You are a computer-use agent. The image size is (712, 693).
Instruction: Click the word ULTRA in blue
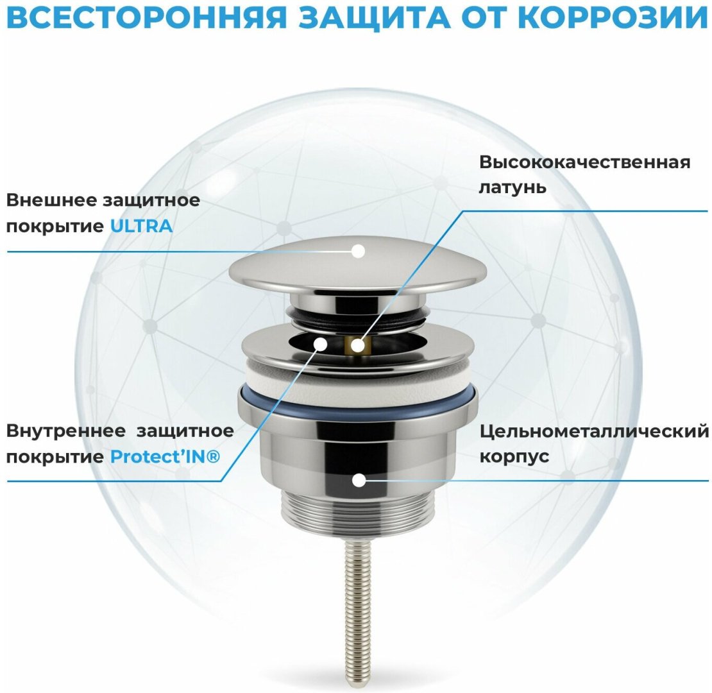click(141, 226)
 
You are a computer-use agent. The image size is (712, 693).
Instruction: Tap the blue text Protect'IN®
click(165, 456)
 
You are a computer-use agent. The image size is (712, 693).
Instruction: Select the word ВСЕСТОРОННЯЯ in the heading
click(147, 17)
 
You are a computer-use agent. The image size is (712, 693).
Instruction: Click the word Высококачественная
click(585, 162)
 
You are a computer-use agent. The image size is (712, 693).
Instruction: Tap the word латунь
click(513, 187)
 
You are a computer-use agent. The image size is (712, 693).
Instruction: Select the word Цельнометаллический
click(594, 431)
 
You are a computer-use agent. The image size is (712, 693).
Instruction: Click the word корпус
click(514, 456)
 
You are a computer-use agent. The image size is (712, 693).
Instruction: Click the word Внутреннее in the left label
click(66, 431)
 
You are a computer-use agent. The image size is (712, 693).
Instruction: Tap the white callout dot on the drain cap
click(359, 251)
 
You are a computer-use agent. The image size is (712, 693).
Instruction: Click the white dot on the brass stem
click(358, 346)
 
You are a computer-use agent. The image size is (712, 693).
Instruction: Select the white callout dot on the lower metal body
click(359, 481)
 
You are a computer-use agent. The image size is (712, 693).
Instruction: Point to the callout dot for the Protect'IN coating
click(321, 344)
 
